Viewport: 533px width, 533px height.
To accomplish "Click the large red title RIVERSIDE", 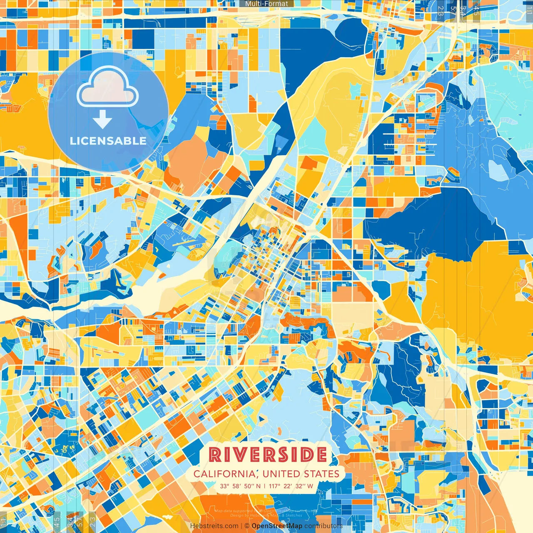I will [267, 454].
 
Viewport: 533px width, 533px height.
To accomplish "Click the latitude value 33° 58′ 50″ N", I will [240, 486].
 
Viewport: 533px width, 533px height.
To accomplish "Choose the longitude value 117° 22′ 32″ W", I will [291, 486].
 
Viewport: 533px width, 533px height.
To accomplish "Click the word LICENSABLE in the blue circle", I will [108, 141].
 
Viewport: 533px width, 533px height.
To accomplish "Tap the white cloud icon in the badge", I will [108, 87].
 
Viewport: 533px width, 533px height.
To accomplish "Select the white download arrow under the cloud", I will [102, 121].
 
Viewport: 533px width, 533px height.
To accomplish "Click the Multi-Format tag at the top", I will [266, 4].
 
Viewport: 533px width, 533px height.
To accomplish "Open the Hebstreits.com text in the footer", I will [214, 526].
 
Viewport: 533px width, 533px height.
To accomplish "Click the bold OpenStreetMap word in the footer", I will [277, 526].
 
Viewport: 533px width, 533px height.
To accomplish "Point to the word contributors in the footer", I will [324, 526].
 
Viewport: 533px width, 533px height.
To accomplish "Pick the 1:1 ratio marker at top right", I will [529, 9].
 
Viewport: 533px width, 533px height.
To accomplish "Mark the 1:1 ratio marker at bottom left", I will [3, 522].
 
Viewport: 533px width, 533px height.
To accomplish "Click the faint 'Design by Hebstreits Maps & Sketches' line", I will [266, 515].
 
